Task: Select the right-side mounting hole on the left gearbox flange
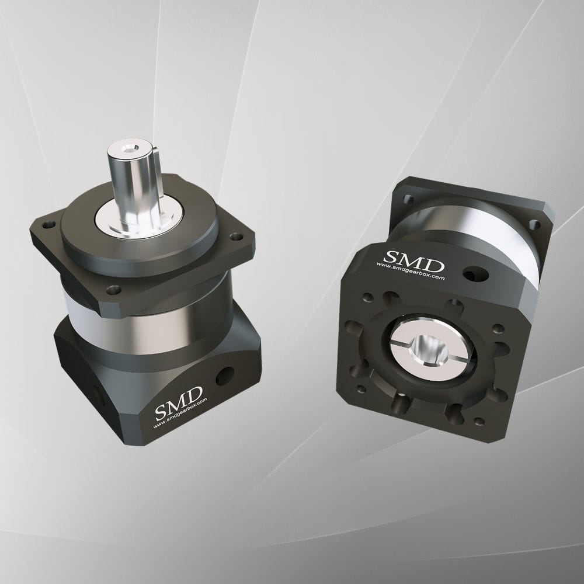(x=235, y=237)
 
